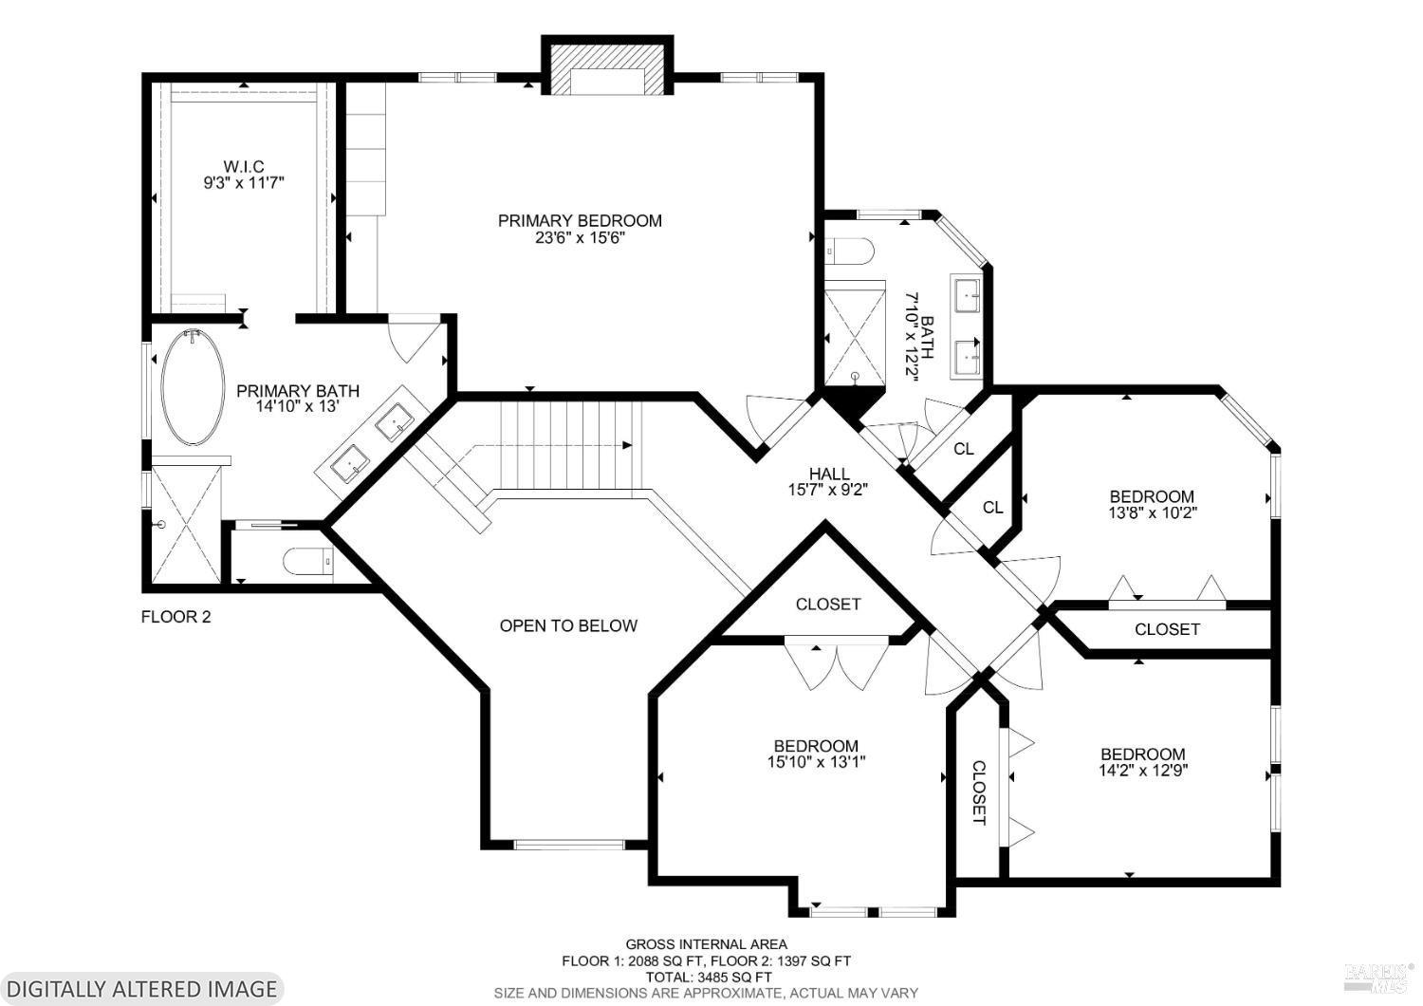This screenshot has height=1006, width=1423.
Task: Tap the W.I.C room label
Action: point(243,166)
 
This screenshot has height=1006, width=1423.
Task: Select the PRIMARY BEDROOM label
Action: point(580,220)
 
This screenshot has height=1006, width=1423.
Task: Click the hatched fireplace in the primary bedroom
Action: point(607,67)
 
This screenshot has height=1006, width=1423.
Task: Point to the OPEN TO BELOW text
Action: point(568,626)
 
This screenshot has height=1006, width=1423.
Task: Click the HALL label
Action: point(829,474)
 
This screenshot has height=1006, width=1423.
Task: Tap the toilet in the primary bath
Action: point(308,562)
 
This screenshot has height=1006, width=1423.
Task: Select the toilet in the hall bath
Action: point(849,251)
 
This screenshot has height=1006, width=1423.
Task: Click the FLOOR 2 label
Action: point(176,617)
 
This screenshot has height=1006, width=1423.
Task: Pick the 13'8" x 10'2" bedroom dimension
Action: point(1153,512)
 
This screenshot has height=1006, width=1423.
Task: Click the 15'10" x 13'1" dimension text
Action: point(816,761)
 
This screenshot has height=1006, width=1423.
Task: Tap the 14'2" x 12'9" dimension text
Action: point(1143,771)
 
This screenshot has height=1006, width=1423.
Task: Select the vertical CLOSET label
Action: point(979,792)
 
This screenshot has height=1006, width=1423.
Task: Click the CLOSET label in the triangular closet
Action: point(828,604)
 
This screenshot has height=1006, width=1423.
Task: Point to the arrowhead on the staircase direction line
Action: point(627,445)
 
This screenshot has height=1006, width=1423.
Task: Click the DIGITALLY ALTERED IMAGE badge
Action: point(141,989)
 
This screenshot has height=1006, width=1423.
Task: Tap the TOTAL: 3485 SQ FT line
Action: point(709,977)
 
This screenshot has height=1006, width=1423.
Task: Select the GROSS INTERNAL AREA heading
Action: point(707,944)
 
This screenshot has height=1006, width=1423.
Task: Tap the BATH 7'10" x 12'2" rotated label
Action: point(919,337)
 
